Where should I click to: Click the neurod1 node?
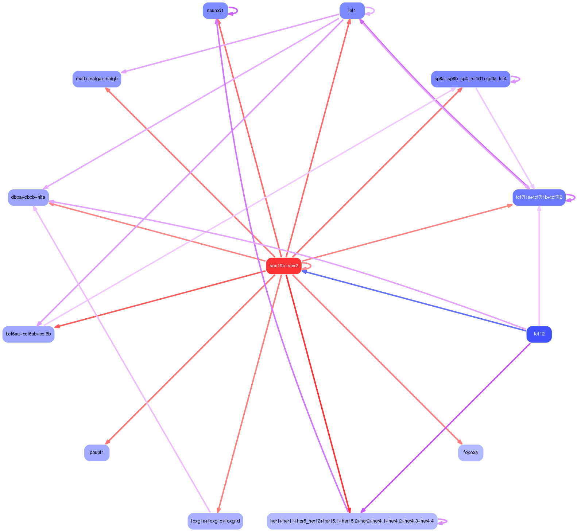click(x=215, y=11)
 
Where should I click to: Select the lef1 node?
click(x=352, y=11)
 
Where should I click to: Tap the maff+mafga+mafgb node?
click(x=97, y=79)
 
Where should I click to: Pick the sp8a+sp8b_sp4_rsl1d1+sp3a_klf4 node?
click(x=470, y=79)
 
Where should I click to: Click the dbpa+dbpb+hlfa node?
click(x=28, y=197)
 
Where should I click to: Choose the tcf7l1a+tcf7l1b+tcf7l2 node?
click(x=539, y=197)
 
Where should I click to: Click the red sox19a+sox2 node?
click(x=283, y=266)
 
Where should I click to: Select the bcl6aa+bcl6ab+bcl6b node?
click(x=28, y=334)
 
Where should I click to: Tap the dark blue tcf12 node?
click(x=539, y=334)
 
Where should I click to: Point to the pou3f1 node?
click(x=97, y=453)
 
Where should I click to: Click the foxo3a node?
click(x=470, y=453)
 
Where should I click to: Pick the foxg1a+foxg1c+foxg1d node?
click(x=215, y=521)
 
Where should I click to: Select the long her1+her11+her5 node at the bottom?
click(x=352, y=521)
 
